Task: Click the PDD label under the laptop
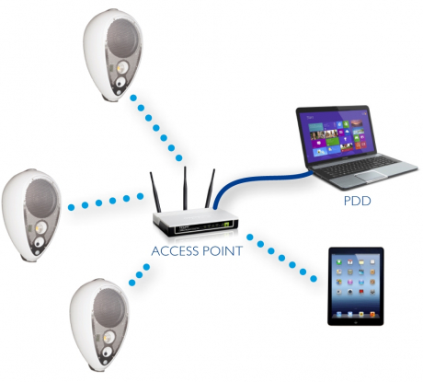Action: click(x=357, y=201)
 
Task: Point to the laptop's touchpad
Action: click(x=372, y=176)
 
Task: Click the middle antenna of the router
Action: click(x=185, y=188)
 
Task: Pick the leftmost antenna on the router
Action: click(x=155, y=192)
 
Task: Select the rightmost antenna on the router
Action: click(x=210, y=188)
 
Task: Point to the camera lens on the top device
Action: click(x=120, y=82)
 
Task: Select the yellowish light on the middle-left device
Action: click(x=40, y=228)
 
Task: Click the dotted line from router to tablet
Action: click(x=281, y=258)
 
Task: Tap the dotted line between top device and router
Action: click(x=155, y=128)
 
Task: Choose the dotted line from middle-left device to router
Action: click(x=106, y=202)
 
